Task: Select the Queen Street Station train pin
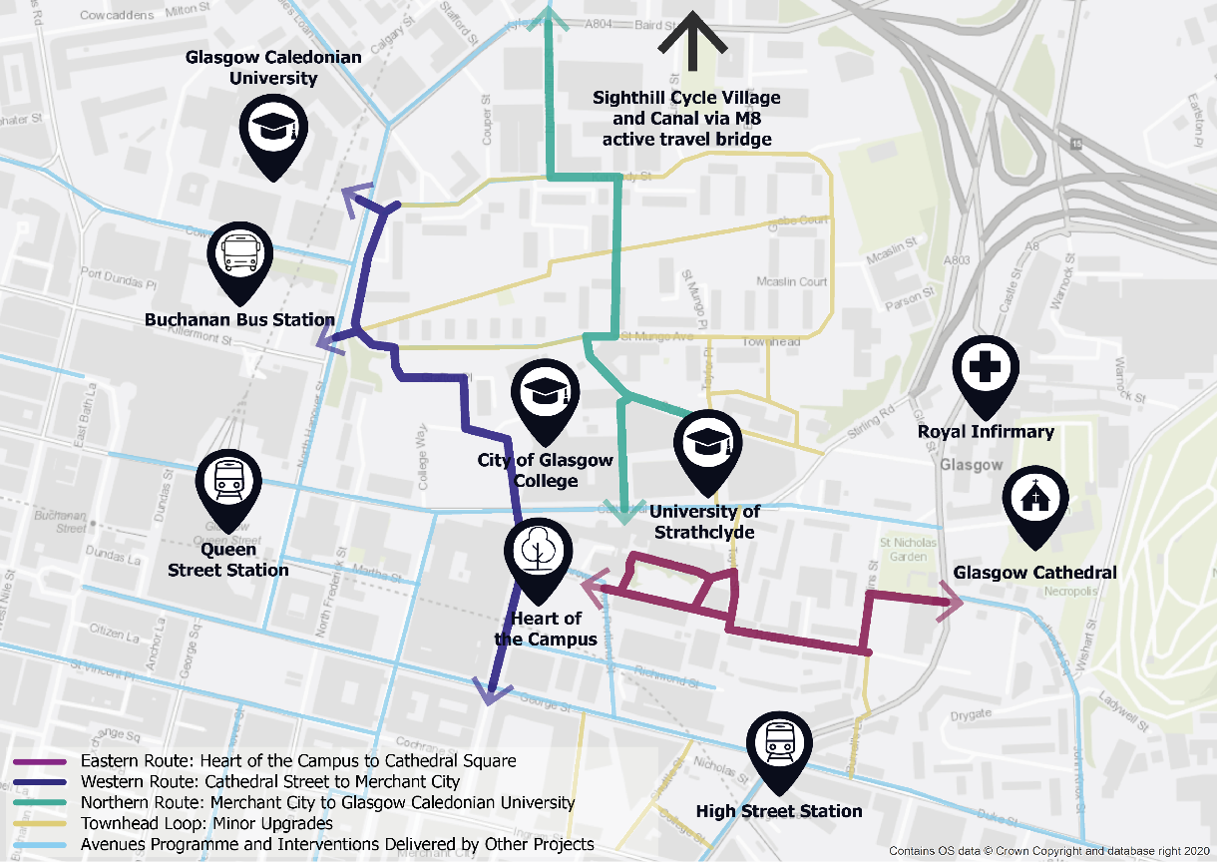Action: point(229,484)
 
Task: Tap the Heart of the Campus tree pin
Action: point(539,552)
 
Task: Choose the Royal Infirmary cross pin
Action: point(986,370)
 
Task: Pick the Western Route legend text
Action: point(270,782)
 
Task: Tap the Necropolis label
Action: point(1067,592)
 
